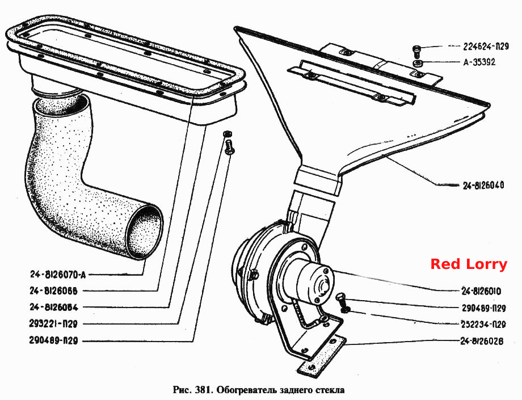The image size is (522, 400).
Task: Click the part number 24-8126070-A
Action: coord(58,275)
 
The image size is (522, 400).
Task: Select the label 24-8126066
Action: coord(53,291)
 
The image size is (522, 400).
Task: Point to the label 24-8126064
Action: coord(53,307)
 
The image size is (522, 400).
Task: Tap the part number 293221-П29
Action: coord(53,323)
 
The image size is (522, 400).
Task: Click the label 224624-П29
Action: coord(486,47)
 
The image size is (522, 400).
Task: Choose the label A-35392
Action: coord(479,62)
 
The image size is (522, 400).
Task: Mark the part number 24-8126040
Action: coord(483,186)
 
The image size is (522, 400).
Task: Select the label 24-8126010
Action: coord(481,291)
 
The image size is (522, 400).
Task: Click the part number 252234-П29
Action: coord(483,324)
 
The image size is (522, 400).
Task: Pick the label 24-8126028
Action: coord(482,342)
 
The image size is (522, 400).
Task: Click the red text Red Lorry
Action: coord(469,264)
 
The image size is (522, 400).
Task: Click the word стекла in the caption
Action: coord(329,390)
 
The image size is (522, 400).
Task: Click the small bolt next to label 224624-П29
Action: coord(416,50)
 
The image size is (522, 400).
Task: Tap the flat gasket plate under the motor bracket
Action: coord(322,356)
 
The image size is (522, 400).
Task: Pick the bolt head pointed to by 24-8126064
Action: coord(228,147)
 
